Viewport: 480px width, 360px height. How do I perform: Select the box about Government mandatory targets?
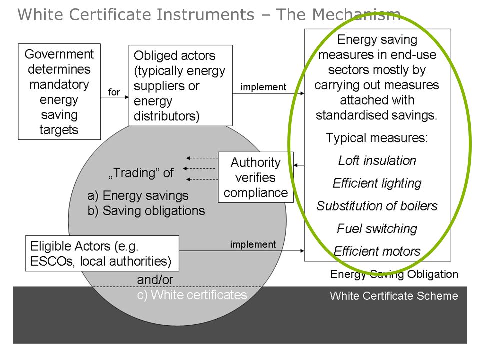tap(59, 92)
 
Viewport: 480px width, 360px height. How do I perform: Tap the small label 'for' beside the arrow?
tap(114, 92)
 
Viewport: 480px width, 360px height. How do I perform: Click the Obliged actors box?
tap(180, 85)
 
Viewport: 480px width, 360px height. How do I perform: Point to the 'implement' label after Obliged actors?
tap(263, 87)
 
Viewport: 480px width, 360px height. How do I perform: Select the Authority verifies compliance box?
tap(256, 177)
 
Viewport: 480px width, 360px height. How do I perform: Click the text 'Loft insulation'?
tap(377, 160)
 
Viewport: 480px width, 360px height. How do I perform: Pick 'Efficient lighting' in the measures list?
tap(377, 183)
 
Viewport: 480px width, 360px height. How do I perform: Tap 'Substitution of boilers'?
tap(377, 206)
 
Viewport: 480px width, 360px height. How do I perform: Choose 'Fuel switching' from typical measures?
tap(377, 229)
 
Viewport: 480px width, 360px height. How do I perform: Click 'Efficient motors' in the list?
tap(377, 251)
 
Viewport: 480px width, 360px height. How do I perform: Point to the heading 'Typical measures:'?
tap(377, 138)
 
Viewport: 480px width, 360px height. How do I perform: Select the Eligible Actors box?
tap(102, 253)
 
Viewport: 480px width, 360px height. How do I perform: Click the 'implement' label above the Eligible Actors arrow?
tap(253, 244)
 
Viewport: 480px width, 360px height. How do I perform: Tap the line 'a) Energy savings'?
tap(138, 196)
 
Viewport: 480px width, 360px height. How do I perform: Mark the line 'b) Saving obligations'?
tap(146, 211)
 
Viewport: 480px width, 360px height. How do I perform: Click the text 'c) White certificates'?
tap(192, 295)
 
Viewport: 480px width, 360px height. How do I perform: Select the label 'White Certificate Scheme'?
tap(394, 296)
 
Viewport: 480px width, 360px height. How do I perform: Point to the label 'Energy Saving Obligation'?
tap(394, 274)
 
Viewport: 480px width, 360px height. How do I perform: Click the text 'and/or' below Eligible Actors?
tap(155, 280)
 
